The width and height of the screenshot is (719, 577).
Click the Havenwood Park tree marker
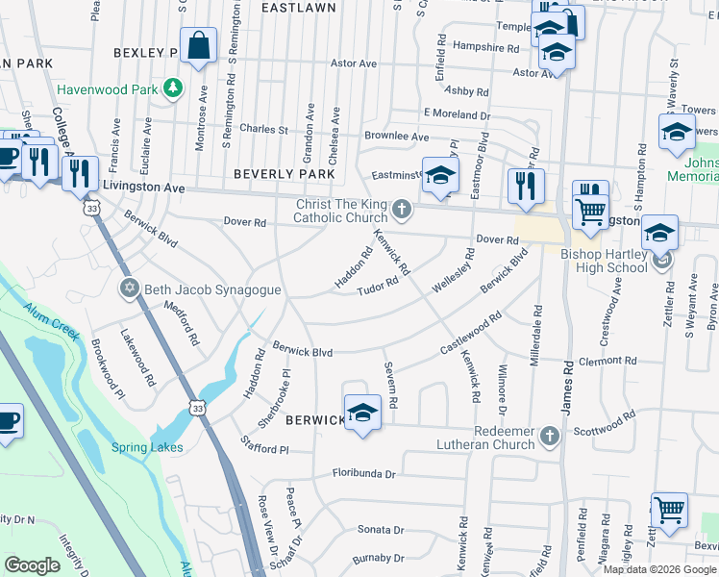173,88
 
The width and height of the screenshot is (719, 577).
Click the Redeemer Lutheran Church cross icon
549,437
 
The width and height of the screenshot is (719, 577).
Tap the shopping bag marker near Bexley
198,47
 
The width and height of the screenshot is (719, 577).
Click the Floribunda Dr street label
364,473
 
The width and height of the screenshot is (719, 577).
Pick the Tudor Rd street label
377,288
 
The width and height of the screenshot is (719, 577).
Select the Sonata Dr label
381,530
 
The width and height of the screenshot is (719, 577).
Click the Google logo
33,565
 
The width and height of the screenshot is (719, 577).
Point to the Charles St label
263,129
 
